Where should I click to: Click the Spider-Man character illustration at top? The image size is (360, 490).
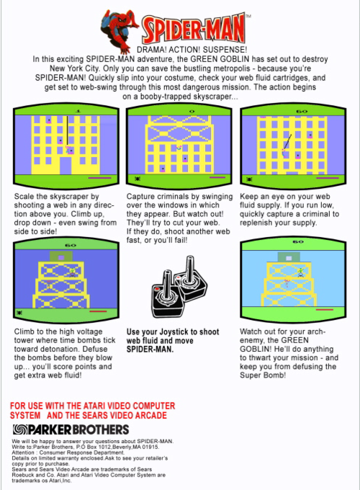[x=120, y=30]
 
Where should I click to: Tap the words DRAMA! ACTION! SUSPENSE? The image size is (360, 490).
[x=192, y=50]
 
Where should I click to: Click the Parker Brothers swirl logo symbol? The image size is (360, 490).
[x=20, y=429]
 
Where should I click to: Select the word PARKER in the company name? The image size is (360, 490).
[x=50, y=429]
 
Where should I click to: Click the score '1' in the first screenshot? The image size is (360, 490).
[x=78, y=111]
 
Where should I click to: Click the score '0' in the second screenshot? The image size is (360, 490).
[x=192, y=111]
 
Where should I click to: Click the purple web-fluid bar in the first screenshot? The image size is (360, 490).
[x=99, y=178]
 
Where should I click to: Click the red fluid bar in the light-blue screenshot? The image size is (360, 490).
[x=325, y=310]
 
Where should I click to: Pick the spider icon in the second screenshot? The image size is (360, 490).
[x=137, y=179]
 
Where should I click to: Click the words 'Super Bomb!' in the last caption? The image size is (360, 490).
[x=263, y=375]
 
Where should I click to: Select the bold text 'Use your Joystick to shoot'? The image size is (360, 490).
[x=173, y=332]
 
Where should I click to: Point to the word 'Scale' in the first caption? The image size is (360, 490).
[x=23, y=197]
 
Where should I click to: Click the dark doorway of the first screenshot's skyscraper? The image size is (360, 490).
[x=66, y=166]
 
